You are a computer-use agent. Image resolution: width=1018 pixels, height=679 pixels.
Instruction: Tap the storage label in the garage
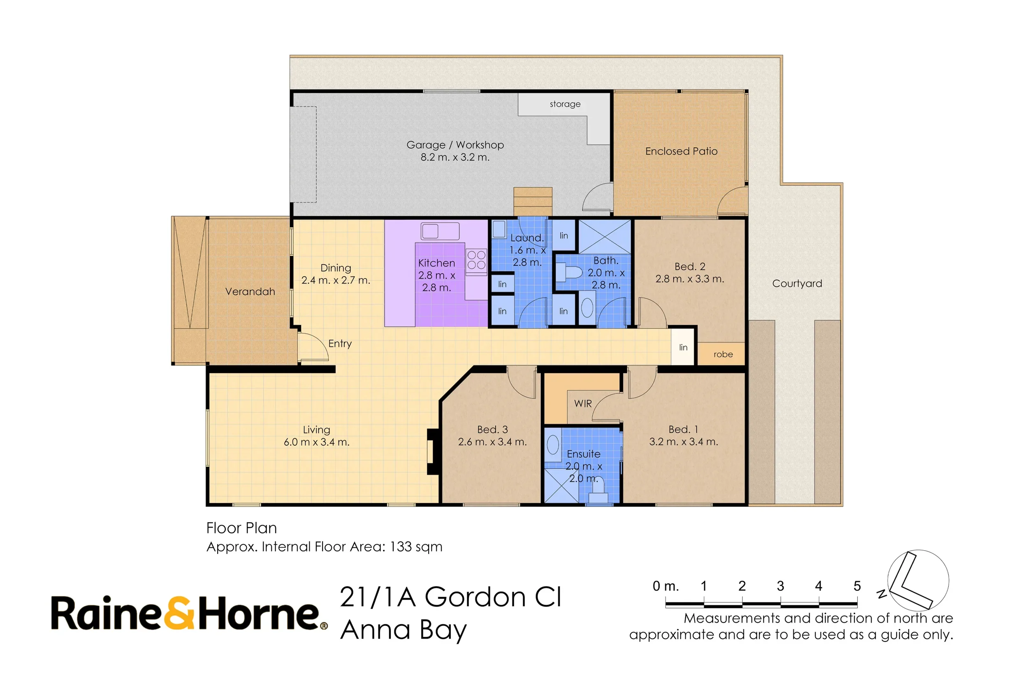coord(565,104)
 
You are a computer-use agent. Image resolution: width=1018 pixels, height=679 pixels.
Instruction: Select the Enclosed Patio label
coord(681,151)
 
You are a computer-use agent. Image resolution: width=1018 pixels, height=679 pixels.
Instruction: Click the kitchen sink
coord(440,231)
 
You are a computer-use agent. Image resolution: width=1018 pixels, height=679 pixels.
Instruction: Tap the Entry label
coord(340,343)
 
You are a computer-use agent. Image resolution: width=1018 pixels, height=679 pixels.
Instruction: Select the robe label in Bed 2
coord(723,354)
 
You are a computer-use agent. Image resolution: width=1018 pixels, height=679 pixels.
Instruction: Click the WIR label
coord(582,404)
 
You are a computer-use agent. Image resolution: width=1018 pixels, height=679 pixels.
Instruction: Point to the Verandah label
coord(250,291)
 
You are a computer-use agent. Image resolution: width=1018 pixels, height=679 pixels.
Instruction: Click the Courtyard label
coord(797,284)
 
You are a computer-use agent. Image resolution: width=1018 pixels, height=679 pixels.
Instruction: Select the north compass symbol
coord(918,580)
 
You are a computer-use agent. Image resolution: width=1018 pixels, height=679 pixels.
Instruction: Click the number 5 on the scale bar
coord(857,586)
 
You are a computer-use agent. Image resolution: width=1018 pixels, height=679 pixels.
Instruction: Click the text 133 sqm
coord(416,547)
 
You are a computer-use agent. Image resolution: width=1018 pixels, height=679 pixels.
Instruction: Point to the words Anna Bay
coord(403,630)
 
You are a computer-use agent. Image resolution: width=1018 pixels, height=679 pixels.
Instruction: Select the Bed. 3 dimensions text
coord(492,442)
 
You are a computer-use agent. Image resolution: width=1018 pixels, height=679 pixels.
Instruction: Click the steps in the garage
coord(533,201)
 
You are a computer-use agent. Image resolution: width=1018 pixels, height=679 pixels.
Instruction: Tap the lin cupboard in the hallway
coord(683,347)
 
